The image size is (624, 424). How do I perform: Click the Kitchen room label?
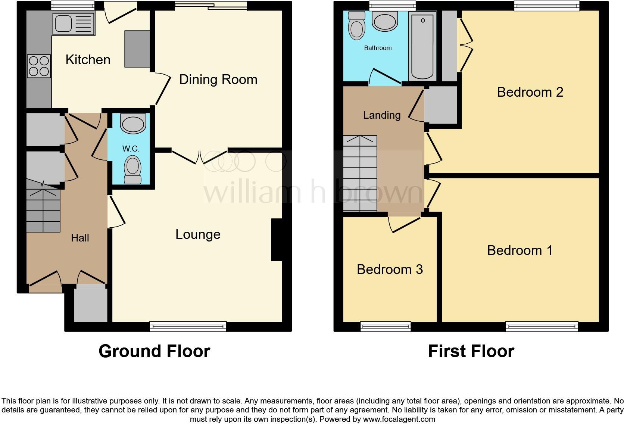click(x=88, y=60)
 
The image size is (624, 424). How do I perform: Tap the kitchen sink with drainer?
click(x=74, y=24)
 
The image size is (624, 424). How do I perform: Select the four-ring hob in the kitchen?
click(x=39, y=66)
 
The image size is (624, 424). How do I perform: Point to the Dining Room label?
click(x=218, y=79)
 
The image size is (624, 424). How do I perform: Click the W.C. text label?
click(x=131, y=149)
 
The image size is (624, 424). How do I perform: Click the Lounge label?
click(x=198, y=234)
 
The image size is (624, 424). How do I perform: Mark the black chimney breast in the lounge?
click(x=277, y=240)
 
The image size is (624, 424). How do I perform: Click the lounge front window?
click(x=188, y=326)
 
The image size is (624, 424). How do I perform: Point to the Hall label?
click(x=80, y=238)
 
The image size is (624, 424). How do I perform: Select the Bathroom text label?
click(x=378, y=48)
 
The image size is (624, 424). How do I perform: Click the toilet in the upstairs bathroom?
click(x=356, y=26)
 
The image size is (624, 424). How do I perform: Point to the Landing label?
click(x=381, y=115)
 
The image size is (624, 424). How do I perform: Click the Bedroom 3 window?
click(x=386, y=327)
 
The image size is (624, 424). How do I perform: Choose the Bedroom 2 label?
click(x=530, y=92)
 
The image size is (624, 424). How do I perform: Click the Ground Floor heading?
click(x=154, y=351)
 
